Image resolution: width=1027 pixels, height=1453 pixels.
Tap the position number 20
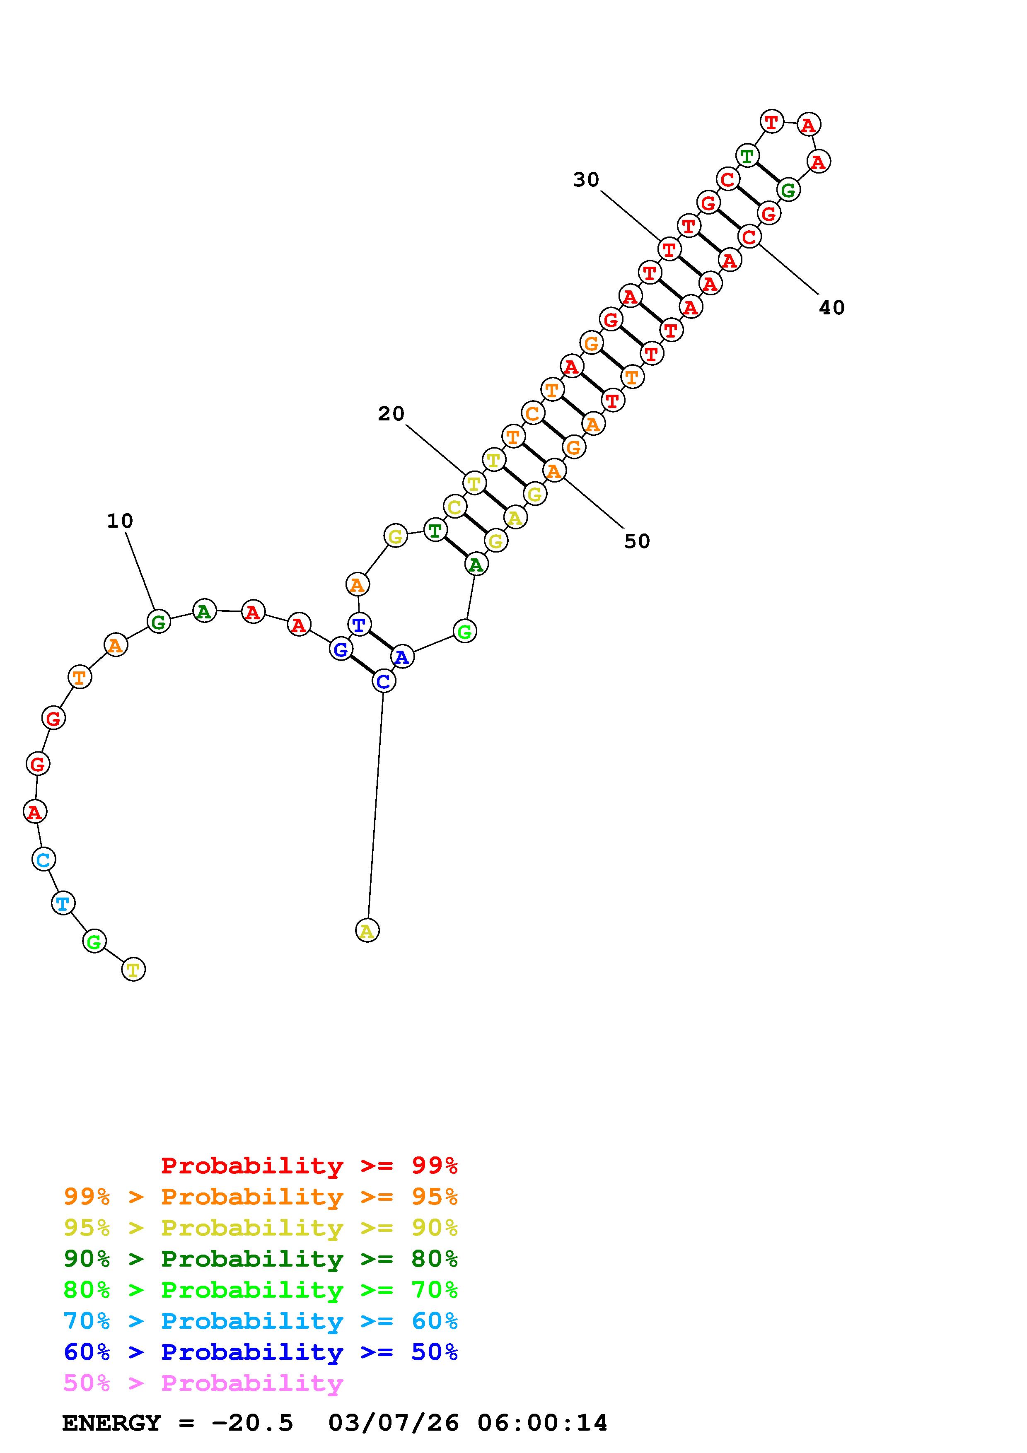[x=391, y=413]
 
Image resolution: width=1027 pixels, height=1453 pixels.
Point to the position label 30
[x=586, y=180]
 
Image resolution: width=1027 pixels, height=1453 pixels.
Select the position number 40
[x=831, y=308]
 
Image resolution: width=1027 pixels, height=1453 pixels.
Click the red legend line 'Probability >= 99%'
[x=309, y=1166]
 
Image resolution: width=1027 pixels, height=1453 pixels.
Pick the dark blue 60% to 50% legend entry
[x=261, y=1352]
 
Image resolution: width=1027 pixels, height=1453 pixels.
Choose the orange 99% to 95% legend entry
[x=261, y=1197]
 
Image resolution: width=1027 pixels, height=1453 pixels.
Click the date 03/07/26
[x=394, y=1423]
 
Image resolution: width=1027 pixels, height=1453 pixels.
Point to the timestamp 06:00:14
[x=542, y=1423]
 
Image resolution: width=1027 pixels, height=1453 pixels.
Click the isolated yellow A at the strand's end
[x=367, y=930]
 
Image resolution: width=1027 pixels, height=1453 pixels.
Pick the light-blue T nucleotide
[x=63, y=903]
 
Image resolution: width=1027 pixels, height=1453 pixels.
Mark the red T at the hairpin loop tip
[x=771, y=121]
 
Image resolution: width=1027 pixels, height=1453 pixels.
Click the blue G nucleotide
[x=341, y=649]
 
